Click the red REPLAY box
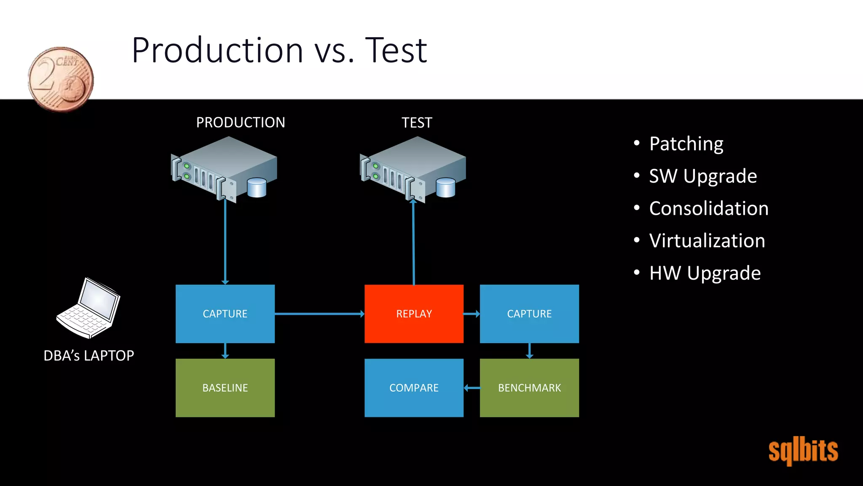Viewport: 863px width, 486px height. [x=414, y=313]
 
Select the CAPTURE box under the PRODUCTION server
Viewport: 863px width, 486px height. [x=225, y=313]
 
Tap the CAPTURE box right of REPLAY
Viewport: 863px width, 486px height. [x=529, y=313]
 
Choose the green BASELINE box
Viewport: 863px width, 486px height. [x=225, y=388]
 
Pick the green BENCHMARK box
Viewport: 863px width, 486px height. [x=529, y=388]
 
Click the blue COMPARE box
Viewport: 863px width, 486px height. [x=414, y=388]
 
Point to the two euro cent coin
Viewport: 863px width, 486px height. [x=61, y=79]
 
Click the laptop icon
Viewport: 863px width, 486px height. [x=89, y=308]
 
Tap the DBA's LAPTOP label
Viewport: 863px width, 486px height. [x=89, y=356]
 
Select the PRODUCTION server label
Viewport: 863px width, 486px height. [x=241, y=122]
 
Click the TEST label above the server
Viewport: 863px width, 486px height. [x=417, y=123]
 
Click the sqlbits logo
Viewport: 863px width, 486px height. [x=803, y=451]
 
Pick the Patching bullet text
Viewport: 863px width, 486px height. [x=686, y=144]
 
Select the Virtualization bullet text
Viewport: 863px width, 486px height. [x=707, y=241]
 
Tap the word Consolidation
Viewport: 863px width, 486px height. [x=709, y=208]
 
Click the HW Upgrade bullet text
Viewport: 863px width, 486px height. [x=705, y=273]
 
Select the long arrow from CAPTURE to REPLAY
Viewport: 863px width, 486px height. [x=319, y=314]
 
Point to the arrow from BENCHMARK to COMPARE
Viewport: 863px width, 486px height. [x=472, y=388]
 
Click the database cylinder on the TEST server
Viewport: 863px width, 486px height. [x=445, y=188]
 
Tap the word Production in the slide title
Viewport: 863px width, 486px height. [x=217, y=50]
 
